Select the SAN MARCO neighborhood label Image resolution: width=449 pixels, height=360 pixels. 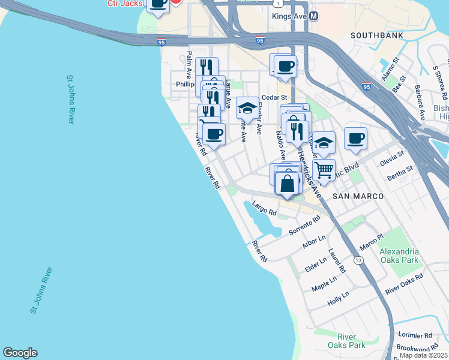coord(358,196)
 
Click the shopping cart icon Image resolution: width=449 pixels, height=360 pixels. coord(324,170)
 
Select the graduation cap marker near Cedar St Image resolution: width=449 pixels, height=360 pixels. coord(247,109)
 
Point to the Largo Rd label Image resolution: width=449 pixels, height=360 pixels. coord(264,209)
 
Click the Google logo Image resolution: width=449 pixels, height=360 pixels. coord(20,353)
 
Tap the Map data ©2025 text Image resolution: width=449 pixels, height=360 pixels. coord(424,355)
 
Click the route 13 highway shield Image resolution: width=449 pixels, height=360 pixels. coord(358,260)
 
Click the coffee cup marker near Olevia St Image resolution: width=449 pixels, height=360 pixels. coord(355,139)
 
